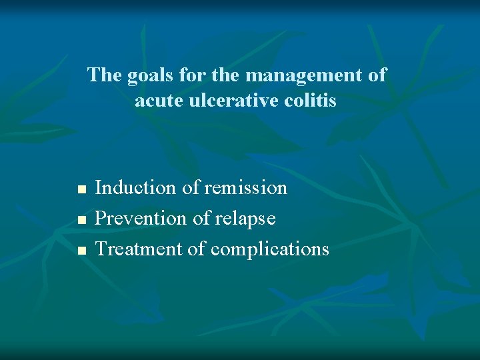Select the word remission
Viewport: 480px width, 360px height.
click(246, 188)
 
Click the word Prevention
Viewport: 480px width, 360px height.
click(141, 219)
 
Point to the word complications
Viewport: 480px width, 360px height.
click(270, 250)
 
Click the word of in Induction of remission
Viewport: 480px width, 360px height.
click(191, 188)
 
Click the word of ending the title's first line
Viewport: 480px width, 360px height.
click(377, 75)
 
